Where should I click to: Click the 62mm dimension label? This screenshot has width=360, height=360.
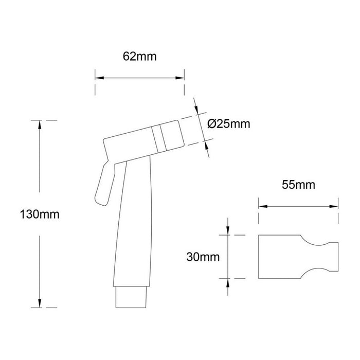coord(139,57)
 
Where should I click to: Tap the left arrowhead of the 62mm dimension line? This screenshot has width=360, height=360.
coord(98,78)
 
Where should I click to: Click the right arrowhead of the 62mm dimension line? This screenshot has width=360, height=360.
coord(182,78)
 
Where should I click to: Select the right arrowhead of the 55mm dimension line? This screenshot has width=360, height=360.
coord(335,206)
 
